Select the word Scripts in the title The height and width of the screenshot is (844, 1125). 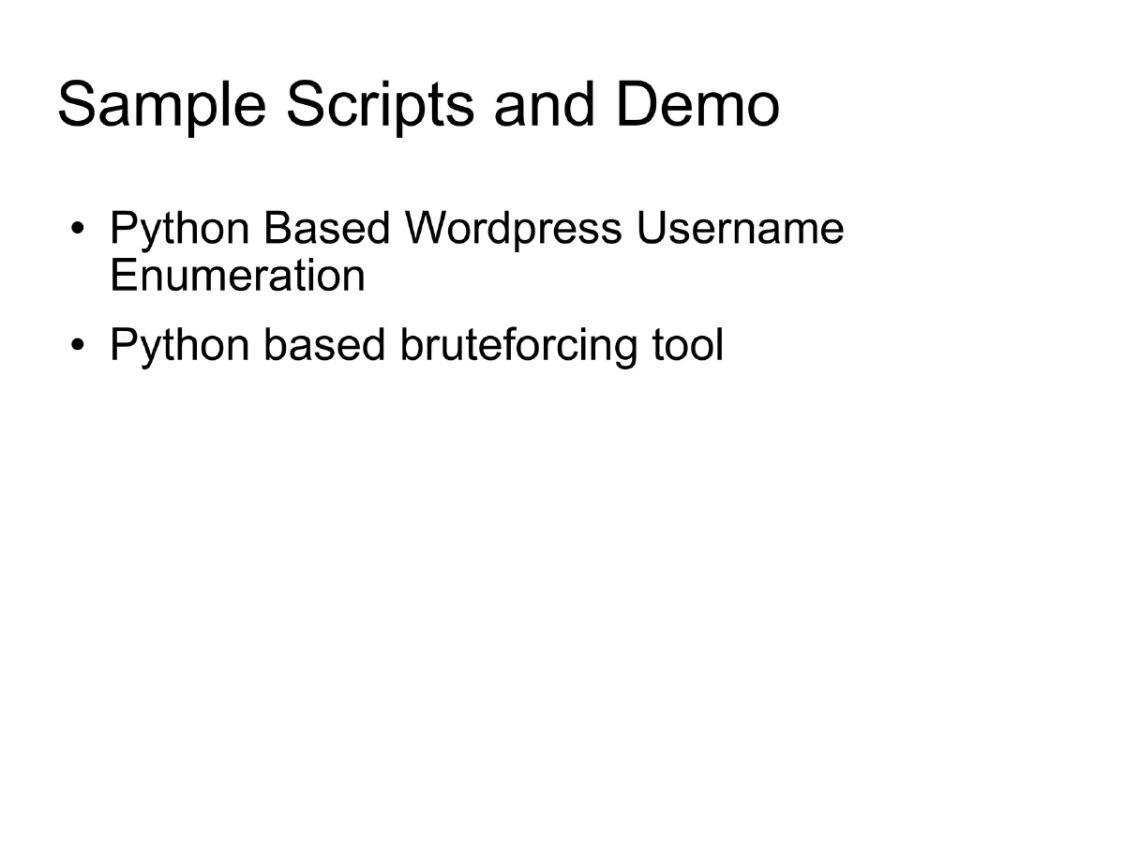pos(381,106)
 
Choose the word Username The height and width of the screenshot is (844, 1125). pos(740,229)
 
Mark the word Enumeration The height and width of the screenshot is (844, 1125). pos(237,276)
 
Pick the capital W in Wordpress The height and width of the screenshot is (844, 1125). pos(424,229)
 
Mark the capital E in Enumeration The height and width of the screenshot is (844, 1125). pos(122,276)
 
